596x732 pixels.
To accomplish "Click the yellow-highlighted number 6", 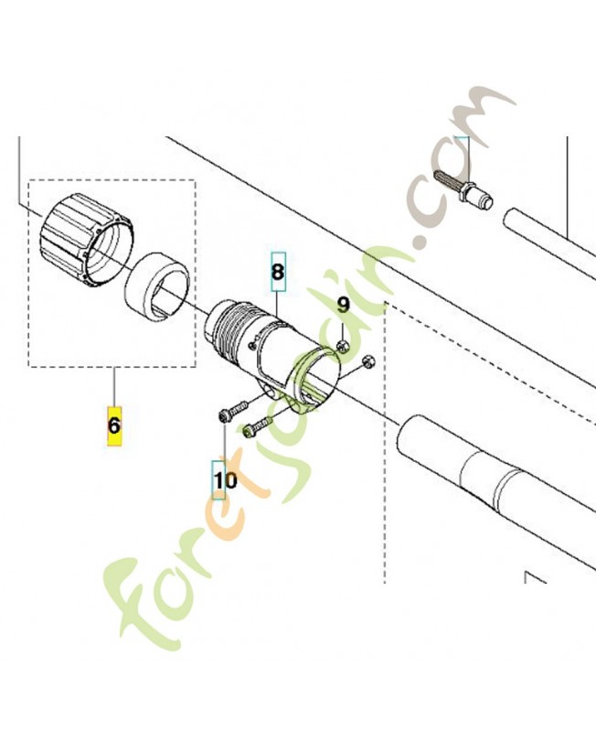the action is tap(114, 425).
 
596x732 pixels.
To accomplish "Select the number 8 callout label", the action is tap(278, 271).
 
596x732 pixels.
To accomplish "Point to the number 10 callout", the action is tap(225, 479).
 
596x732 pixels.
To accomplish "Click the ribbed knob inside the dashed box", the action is tap(87, 241).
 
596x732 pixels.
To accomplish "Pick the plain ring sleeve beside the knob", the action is tap(156, 286).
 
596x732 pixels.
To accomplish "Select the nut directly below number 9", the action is tap(343, 346).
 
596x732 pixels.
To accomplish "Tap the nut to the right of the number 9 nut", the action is tap(368, 361).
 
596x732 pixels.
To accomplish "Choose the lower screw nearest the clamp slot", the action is tap(258, 425).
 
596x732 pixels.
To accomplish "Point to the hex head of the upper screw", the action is tap(223, 415).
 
